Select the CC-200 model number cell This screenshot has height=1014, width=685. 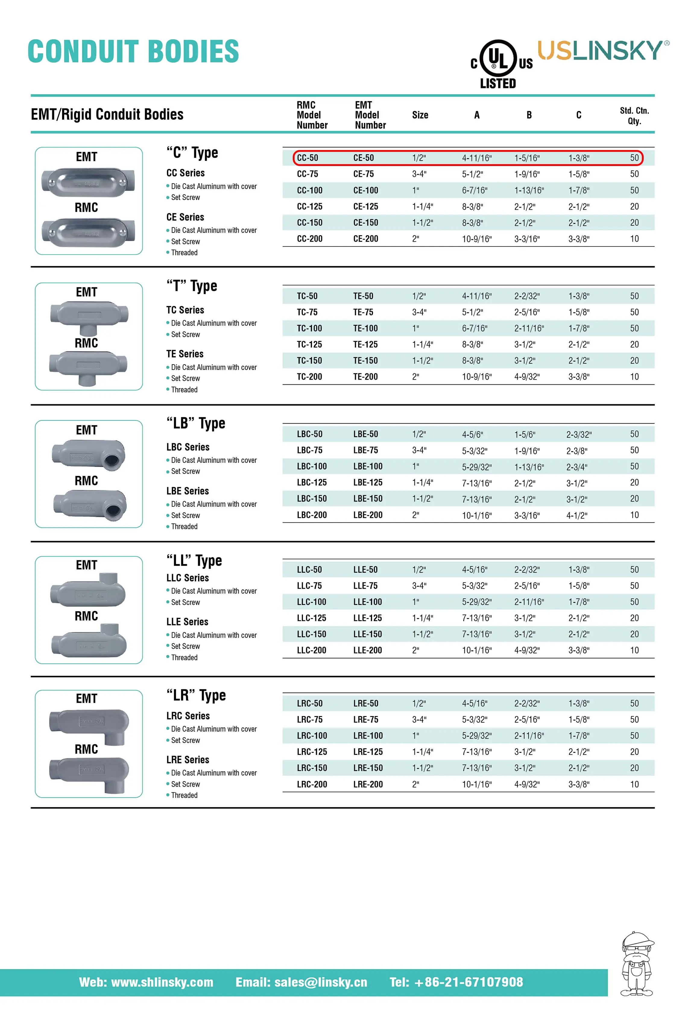(x=310, y=239)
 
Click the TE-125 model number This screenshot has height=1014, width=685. (x=365, y=344)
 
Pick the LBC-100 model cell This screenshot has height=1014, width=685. (x=312, y=466)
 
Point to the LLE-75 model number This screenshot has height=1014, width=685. (x=365, y=586)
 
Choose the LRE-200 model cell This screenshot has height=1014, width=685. (x=368, y=784)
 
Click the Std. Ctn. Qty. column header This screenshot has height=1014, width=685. (x=634, y=116)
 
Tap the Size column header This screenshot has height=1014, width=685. (x=420, y=115)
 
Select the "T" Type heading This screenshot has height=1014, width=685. (x=192, y=286)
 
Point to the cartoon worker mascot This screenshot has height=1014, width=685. (x=637, y=964)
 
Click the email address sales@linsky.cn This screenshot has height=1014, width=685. (x=301, y=982)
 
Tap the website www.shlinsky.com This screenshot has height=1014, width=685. (x=146, y=982)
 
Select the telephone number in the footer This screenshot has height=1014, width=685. (x=456, y=982)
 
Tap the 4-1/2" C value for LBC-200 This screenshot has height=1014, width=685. (x=577, y=515)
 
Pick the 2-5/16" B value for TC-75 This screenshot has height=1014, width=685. (x=526, y=312)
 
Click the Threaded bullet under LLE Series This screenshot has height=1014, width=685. (x=184, y=658)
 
